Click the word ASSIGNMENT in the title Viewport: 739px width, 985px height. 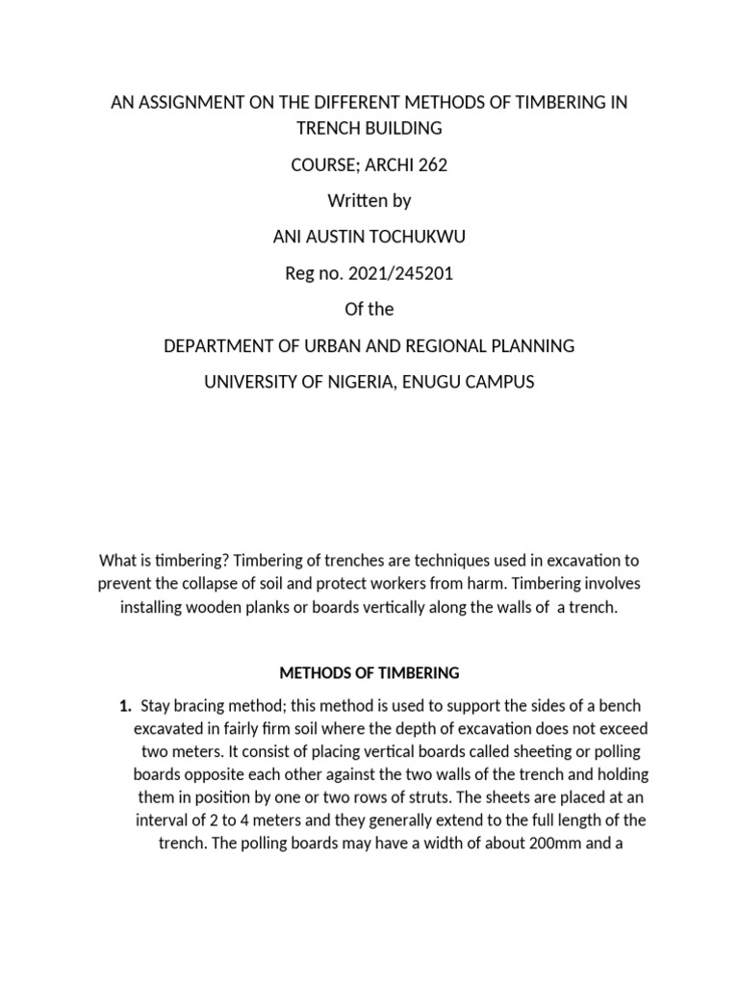(x=192, y=103)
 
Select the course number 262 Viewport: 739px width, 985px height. (x=430, y=165)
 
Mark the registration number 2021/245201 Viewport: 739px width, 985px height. (x=395, y=273)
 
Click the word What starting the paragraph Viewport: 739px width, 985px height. (x=120, y=560)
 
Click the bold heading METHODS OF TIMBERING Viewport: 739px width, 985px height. (x=369, y=672)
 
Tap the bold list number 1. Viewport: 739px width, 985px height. (x=124, y=707)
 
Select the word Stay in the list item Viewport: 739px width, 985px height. (x=157, y=707)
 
